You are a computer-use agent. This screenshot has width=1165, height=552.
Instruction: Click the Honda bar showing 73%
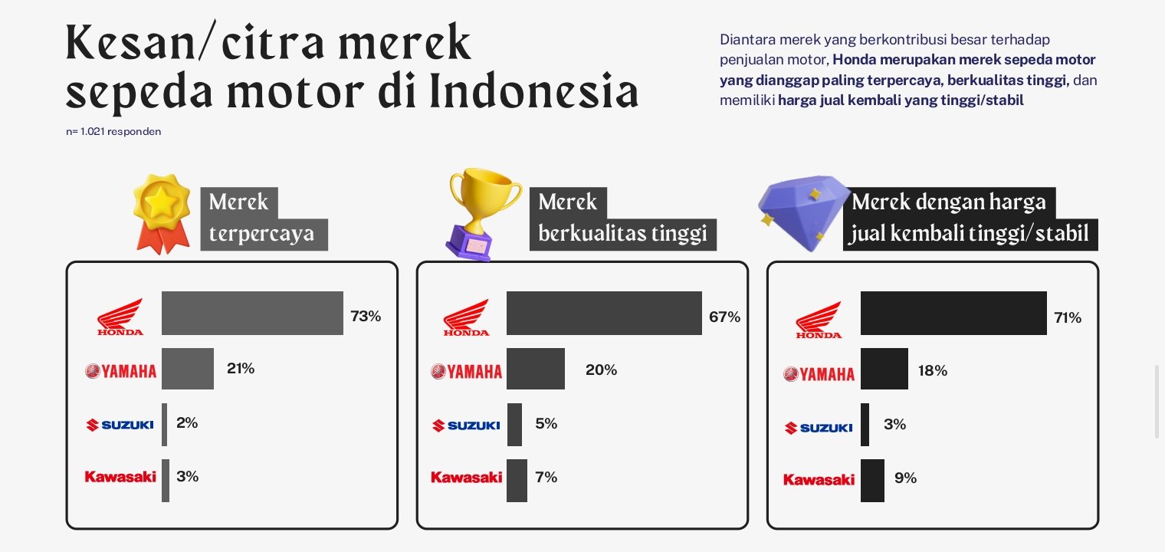(252, 313)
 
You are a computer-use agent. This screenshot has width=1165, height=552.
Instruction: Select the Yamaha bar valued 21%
(188, 368)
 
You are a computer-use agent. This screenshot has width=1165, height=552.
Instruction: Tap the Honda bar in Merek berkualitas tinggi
(604, 313)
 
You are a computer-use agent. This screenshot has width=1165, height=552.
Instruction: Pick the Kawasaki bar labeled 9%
(872, 480)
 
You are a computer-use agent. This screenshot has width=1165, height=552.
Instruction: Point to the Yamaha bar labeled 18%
(884, 368)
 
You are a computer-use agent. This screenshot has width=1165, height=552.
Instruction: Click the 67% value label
(724, 317)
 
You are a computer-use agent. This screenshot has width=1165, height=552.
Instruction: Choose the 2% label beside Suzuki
(187, 423)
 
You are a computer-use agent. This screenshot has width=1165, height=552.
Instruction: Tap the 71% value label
(1068, 318)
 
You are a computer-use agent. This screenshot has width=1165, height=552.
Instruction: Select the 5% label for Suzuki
(546, 423)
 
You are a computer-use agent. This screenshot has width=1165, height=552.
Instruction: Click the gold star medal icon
(162, 213)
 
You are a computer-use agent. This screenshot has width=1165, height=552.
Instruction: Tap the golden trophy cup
(484, 213)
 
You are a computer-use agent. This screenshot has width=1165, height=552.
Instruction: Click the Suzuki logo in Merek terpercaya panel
(120, 425)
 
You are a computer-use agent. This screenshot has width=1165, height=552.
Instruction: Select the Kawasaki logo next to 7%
(466, 477)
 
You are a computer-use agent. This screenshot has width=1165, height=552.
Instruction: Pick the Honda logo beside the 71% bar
(819, 320)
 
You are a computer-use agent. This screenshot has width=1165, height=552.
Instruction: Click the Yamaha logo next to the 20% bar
(466, 372)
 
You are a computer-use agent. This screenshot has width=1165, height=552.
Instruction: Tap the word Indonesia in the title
(534, 90)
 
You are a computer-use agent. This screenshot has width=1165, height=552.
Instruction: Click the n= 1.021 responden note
(113, 132)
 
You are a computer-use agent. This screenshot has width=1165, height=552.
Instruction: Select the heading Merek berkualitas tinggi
(622, 218)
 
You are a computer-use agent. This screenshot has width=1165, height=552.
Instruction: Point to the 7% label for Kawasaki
(546, 477)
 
